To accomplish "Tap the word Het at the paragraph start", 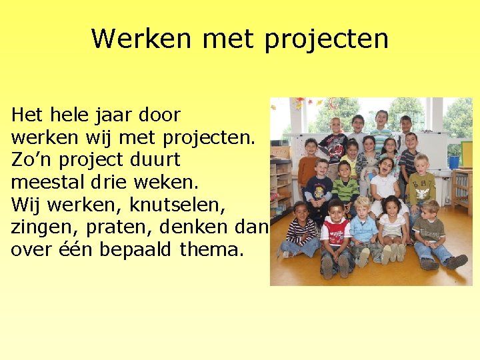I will tap(27, 115).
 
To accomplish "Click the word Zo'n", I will tap(30, 161).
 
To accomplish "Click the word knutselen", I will tap(175, 205).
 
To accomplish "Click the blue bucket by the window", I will tap(453, 161).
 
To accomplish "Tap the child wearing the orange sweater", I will tap(309, 167).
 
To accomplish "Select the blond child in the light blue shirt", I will tap(364, 227).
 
